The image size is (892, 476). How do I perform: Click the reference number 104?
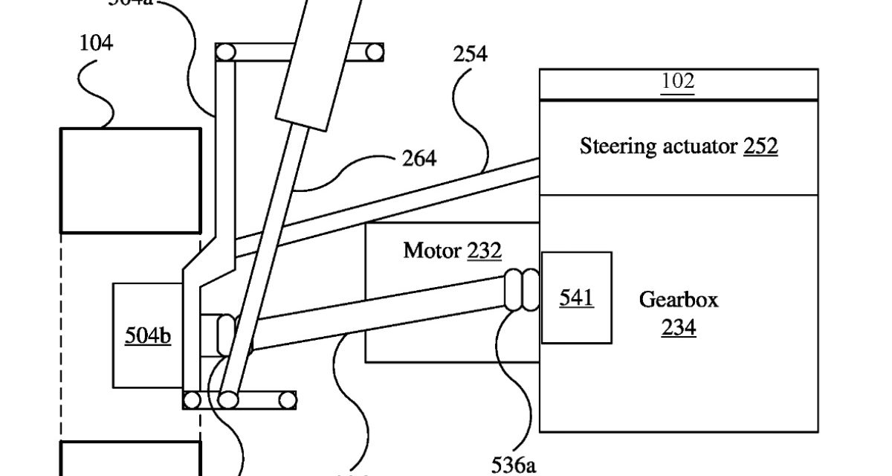pyautogui.click(x=96, y=44)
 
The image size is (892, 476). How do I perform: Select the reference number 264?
pyautogui.click(x=418, y=158)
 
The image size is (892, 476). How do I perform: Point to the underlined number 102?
pyautogui.click(x=677, y=81)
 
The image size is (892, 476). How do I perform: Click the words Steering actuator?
pyautogui.click(x=659, y=147)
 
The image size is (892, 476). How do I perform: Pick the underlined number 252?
pyautogui.click(x=760, y=147)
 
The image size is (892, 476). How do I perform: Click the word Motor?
pyautogui.click(x=432, y=250)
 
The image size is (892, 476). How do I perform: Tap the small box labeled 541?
pyautogui.click(x=576, y=297)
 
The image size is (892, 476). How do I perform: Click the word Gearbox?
pyautogui.click(x=679, y=300)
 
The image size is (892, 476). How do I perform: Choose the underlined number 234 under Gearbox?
pyautogui.click(x=679, y=327)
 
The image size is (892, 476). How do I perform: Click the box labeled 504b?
pyautogui.click(x=147, y=335)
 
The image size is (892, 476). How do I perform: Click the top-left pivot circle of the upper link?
pyautogui.click(x=224, y=53)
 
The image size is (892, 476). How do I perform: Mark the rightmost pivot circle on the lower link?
pyautogui.click(x=286, y=400)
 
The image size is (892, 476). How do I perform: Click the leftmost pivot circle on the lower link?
pyautogui.click(x=192, y=400)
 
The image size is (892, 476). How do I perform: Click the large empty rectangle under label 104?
pyautogui.click(x=130, y=180)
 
